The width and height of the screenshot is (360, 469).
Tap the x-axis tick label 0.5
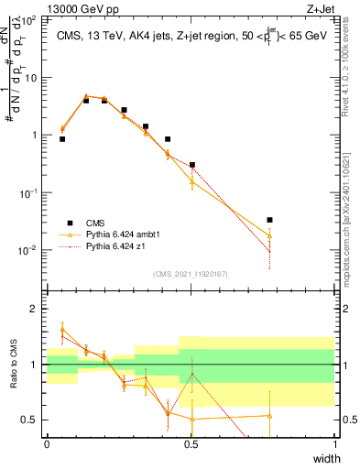point(191,444)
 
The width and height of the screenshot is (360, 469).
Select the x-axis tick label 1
point(334,444)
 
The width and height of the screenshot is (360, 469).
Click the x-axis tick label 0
point(47,444)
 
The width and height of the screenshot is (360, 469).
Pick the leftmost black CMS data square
point(62,138)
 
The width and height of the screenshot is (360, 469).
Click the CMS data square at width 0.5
point(191,165)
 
